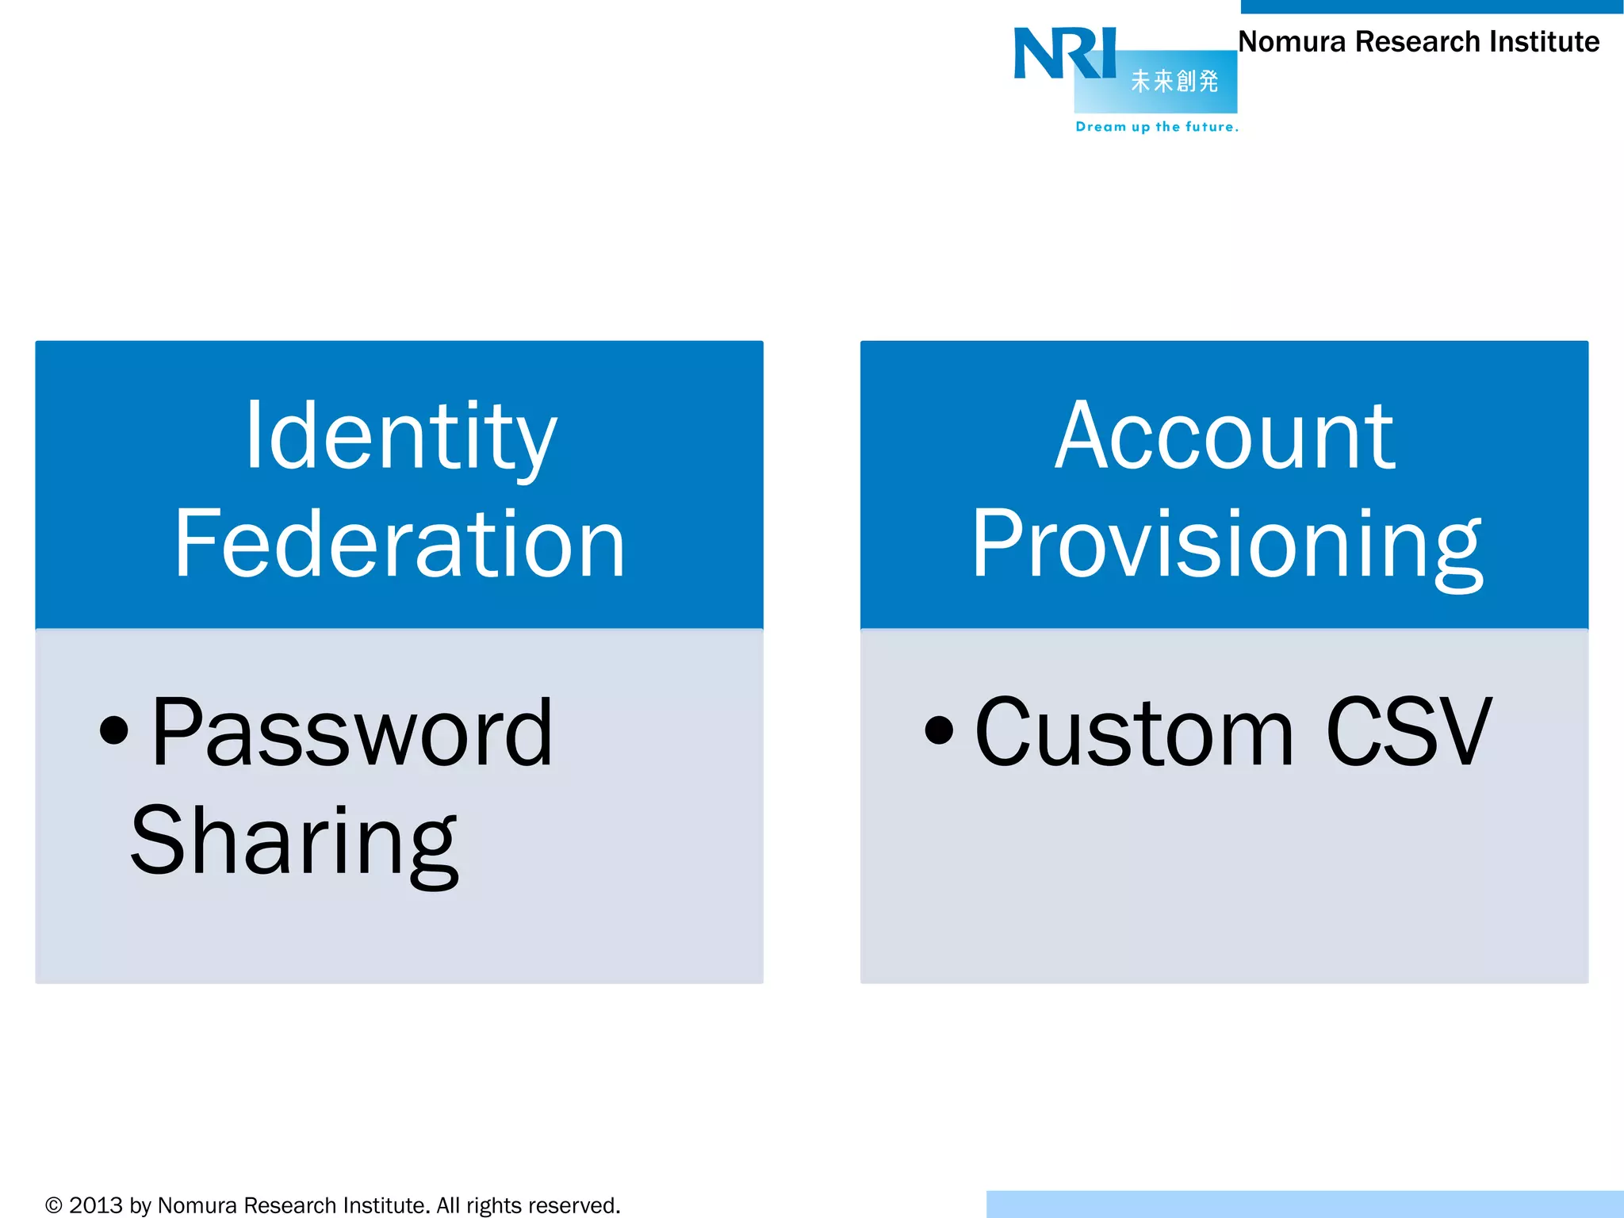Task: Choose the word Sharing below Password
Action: pyautogui.click(x=294, y=842)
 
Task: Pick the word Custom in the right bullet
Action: pyautogui.click(x=1134, y=733)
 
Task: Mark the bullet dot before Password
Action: pyautogui.click(x=114, y=730)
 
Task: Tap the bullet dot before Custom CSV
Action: pyautogui.click(x=939, y=730)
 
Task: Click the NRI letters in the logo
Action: pyautogui.click(x=1064, y=54)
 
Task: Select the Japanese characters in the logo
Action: pyautogui.click(x=1174, y=81)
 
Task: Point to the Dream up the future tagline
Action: pyautogui.click(x=1156, y=127)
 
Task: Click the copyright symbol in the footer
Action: pyautogui.click(x=54, y=1205)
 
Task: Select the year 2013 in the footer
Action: pyautogui.click(x=96, y=1205)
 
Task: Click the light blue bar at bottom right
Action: pyautogui.click(x=1304, y=1204)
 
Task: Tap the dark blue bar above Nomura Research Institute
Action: pyautogui.click(x=1431, y=6)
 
